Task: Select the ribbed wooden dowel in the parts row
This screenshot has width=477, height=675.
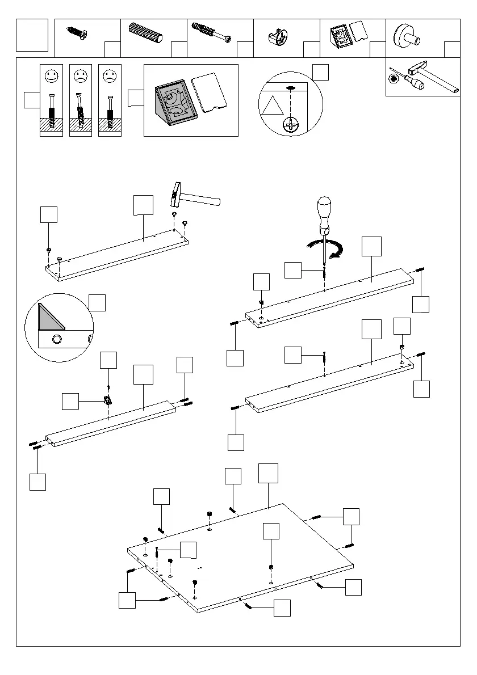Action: pyautogui.click(x=147, y=32)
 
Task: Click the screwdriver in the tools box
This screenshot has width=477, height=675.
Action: pyautogui.click(x=408, y=81)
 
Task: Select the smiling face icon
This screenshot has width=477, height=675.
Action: pyautogui.click(x=51, y=75)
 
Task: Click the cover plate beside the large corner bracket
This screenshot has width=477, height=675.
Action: pyautogui.click(x=210, y=92)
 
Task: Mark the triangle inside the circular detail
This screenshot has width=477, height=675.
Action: pyautogui.click(x=271, y=107)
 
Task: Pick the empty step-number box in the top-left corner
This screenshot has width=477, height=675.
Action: pyautogui.click(x=32, y=35)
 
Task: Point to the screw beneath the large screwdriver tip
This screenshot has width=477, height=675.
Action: pyautogui.click(x=324, y=271)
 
